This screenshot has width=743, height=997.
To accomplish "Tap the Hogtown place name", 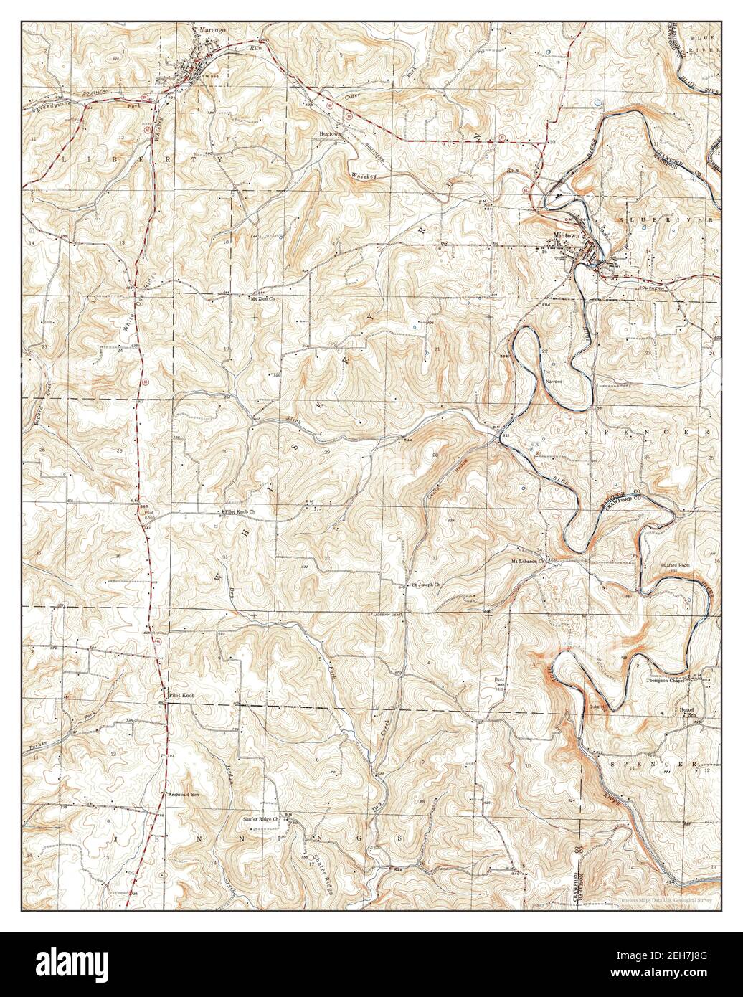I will [330, 133].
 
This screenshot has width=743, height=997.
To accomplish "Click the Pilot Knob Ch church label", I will [241, 512].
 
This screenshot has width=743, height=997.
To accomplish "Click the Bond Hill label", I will [499, 681].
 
